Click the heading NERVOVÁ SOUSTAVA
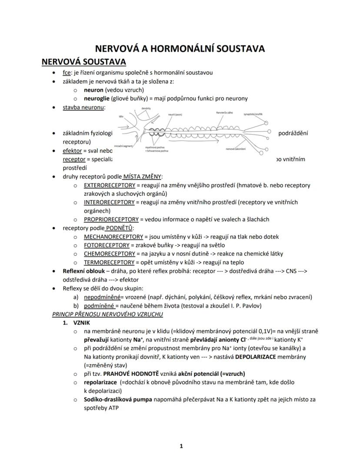click(x=83, y=61)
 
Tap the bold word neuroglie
click(x=97, y=98)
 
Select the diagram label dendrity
click(x=146, y=108)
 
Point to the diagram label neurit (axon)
click(x=175, y=114)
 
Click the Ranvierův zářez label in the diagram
click(x=224, y=113)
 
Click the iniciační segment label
click(x=123, y=146)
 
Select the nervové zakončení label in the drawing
click(x=236, y=149)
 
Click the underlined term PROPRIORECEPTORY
click(x=111, y=219)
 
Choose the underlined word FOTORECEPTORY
click(x=106, y=245)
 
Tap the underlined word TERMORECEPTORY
click(x=109, y=262)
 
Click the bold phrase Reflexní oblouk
click(x=83, y=271)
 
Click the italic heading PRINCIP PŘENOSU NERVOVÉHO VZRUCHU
click(x=107, y=314)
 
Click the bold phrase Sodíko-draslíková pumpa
click(x=117, y=399)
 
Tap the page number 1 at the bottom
click(x=181, y=446)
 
